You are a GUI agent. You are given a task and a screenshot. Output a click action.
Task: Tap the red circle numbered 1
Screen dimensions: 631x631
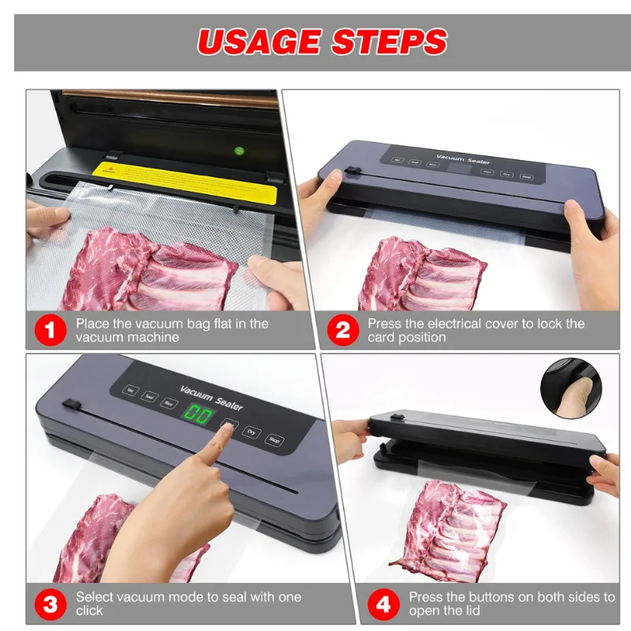coord(50,330)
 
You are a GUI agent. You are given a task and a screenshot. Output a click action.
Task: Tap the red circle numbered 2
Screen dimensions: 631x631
coord(342,330)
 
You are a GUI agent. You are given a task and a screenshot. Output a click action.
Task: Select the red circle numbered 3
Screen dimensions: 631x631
coord(50,604)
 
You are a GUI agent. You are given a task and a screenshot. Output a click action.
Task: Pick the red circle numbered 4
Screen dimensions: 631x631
coord(383,604)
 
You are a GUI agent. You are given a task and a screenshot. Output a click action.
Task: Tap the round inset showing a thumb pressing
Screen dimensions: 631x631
coord(570,387)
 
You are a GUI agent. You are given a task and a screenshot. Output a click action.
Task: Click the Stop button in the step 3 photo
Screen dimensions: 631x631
coord(274,440)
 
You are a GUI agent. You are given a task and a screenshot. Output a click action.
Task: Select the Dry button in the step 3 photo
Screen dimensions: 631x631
coord(251,433)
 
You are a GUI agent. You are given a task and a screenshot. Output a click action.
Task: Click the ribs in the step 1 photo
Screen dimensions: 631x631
coord(150,272)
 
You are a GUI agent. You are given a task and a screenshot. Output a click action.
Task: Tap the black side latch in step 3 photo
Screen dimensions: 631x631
coord(71,405)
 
